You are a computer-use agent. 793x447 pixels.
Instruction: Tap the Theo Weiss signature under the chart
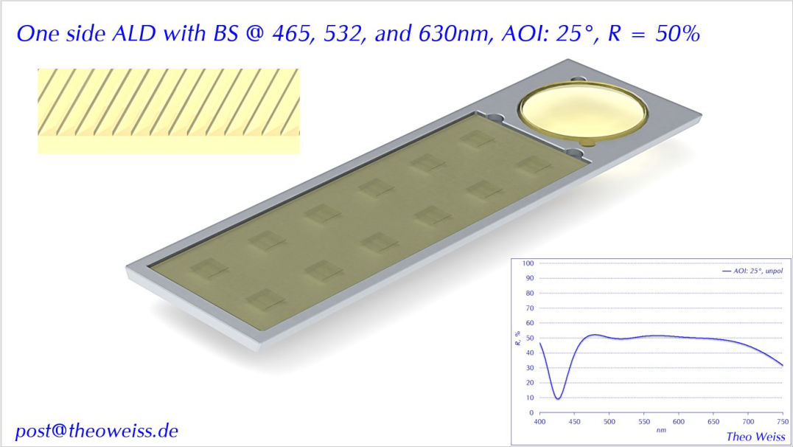click(755, 437)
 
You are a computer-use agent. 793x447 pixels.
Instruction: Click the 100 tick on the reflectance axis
click(528, 263)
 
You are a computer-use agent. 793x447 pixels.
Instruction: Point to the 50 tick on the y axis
click(529, 338)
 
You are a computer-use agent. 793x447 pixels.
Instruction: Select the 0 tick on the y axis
click(531, 412)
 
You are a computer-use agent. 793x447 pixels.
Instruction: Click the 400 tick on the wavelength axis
click(539, 421)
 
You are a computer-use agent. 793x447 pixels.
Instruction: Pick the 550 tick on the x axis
click(644, 421)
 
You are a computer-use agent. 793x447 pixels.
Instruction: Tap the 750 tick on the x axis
click(783, 421)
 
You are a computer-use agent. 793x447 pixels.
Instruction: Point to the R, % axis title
click(517, 338)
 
